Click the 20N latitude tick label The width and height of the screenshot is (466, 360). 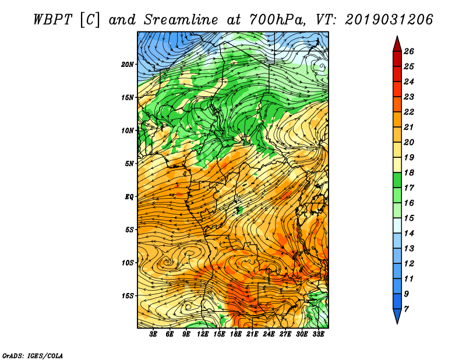coord(128,65)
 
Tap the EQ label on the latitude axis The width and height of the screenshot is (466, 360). coord(129,197)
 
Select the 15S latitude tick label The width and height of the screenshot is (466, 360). coord(128,296)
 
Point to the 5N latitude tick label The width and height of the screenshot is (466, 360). coord(129,164)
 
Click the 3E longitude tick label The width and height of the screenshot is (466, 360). coord(153,334)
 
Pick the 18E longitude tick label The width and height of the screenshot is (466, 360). coord(236,334)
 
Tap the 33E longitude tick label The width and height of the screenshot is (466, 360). coord(318,334)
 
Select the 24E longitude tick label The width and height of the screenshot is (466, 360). coord(269,334)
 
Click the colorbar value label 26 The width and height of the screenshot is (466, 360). coord(409,51)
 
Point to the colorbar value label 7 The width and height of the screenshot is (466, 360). coord(406,309)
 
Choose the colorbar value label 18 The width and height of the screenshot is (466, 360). coord(409,172)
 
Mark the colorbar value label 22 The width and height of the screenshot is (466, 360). coord(409,112)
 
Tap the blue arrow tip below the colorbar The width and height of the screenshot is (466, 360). coord(397,323)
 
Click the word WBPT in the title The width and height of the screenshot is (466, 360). coord(53,20)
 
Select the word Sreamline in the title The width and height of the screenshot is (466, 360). coord(181,20)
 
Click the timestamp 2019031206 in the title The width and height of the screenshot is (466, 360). coord(389,20)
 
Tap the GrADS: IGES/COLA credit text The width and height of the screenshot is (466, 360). coord(33,356)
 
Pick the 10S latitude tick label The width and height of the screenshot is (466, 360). coord(128,263)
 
